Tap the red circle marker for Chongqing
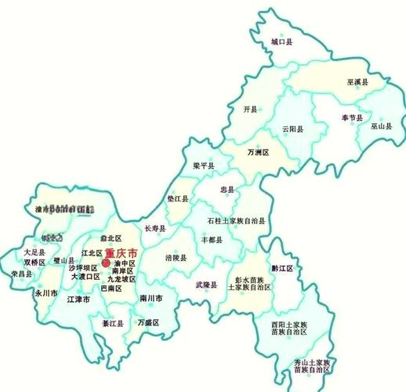coord(107,263)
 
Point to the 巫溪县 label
coord(357,81)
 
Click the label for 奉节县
coord(351,118)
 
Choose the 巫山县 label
coord(382,125)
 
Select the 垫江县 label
coord(177,200)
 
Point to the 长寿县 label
coord(156,228)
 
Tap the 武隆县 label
coord(206,285)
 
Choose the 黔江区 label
coord(282,268)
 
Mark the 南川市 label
coord(150,299)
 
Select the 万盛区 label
coord(147,322)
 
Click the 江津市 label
coord(78,299)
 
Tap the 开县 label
coord(251,110)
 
